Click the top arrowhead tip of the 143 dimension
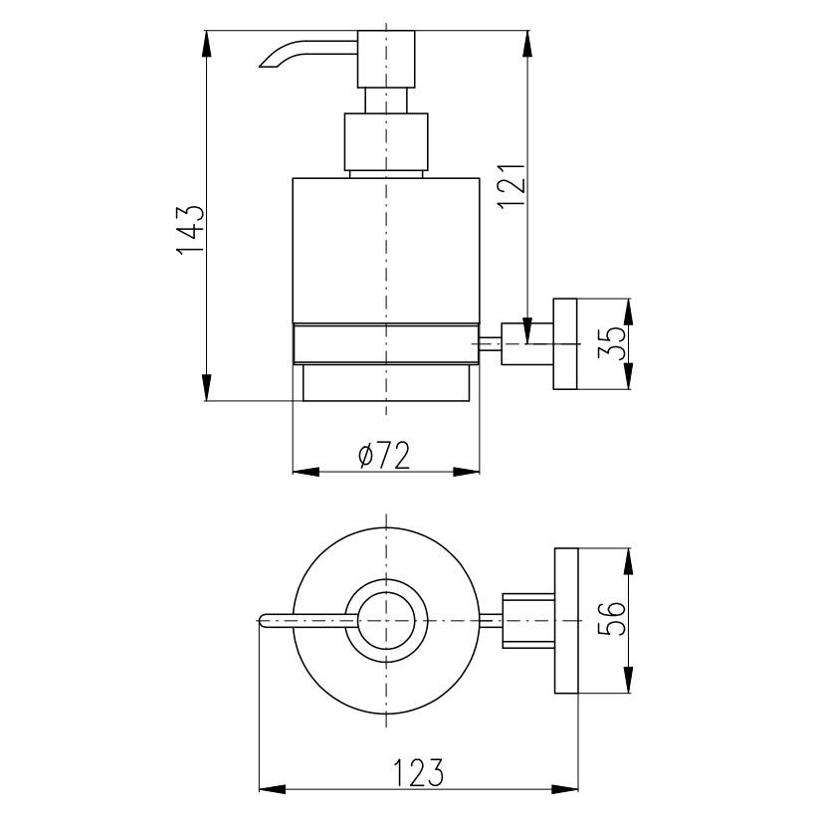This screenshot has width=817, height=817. pos(207,31)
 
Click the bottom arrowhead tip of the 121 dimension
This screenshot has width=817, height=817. pos(527,343)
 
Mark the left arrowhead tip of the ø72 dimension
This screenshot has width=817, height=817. pos(293,472)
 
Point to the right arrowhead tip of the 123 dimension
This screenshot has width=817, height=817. pos(578,788)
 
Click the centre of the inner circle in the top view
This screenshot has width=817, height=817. pos(386,621)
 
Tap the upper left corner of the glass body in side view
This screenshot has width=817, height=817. pos(293,179)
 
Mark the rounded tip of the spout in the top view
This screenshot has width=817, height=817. pos(260,621)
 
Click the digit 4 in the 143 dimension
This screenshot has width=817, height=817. pos(190,230)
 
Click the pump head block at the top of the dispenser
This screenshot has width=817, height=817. pos(386,60)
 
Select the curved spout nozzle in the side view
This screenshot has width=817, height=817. pos(307,54)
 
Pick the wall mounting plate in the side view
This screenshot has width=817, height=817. pos(565,344)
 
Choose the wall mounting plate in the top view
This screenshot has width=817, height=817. pos(566,621)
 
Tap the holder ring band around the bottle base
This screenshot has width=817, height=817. pos(386,344)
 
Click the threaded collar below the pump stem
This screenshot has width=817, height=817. pos(386,141)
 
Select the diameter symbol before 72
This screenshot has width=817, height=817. pos(367,456)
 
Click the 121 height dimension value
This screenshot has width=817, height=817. pos(511,186)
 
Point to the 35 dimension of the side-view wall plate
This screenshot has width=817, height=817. pos(612,343)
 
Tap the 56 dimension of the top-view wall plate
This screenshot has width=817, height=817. pos(612,619)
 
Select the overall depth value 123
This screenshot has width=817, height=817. pos(418,772)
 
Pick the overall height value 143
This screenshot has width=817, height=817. pos(190,230)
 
